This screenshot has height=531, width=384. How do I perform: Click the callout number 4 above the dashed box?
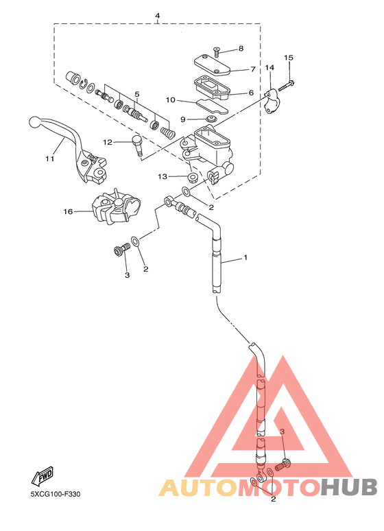tap(158, 16)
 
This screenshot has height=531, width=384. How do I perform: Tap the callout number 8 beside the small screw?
tap(241, 49)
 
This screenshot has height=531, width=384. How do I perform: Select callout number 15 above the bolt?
tap(289, 58)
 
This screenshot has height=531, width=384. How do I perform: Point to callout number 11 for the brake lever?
tap(50, 158)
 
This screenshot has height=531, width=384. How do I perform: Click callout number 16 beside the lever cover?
tap(68, 212)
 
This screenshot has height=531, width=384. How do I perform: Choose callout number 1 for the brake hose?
tap(245, 258)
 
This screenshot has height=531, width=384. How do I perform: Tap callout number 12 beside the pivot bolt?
tap(108, 142)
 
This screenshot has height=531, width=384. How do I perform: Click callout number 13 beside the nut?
tap(163, 176)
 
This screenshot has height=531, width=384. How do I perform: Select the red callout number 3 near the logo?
tap(283, 432)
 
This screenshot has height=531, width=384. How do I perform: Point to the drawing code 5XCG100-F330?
tap(56, 494)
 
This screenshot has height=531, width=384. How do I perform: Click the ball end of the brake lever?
tap(35, 121)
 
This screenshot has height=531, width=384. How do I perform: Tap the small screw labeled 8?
tap(217, 52)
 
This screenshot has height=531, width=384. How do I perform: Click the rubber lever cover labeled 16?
tap(116, 207)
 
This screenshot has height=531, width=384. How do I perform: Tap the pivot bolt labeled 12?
tap(137, 145)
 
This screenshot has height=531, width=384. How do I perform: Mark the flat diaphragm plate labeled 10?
tap(213, 106)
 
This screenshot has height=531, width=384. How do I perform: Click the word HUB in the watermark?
tap(349, 488)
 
